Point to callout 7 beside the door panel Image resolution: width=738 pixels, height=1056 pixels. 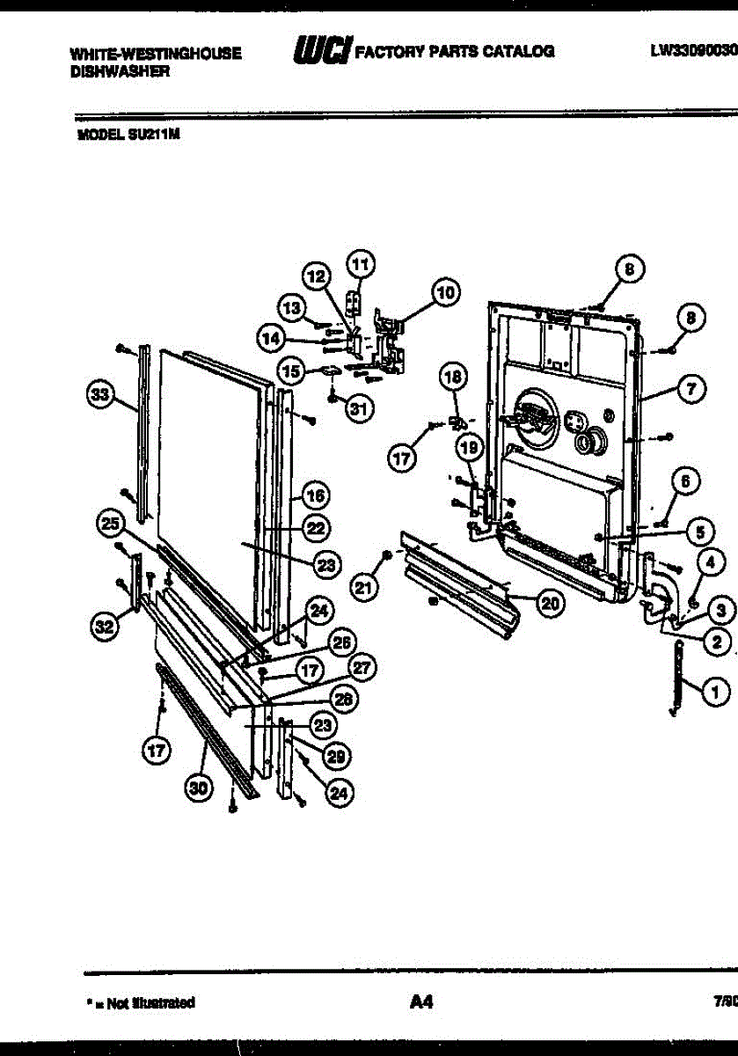(691, 385)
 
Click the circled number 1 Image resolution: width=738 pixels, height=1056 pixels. (718, 692)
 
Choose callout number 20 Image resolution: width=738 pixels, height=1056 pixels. (550, 603)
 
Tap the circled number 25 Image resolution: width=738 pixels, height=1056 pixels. (109, 525)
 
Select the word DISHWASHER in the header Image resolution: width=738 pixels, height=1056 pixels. (119, 74)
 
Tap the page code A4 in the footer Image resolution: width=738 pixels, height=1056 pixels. (421, 1001)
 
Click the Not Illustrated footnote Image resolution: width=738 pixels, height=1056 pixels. (141, 1002)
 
